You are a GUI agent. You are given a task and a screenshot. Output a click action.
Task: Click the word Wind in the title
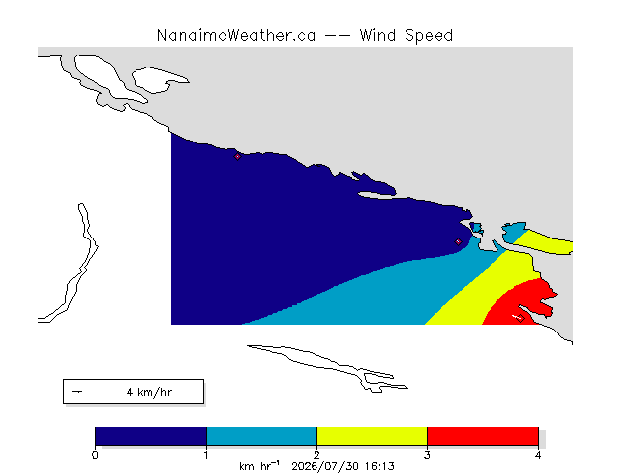(378, 35)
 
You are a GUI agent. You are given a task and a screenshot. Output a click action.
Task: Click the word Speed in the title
(428, 36)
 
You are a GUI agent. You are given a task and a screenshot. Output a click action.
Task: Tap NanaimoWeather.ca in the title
(236, 36)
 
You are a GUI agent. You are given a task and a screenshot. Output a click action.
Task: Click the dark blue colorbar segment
(150, 436)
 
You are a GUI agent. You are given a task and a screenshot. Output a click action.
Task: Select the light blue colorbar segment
(261, 436)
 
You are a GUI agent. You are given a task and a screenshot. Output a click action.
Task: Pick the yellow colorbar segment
(372, 436)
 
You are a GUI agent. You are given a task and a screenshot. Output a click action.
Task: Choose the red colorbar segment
(484, 436)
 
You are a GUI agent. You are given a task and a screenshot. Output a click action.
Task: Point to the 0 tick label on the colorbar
(95, 455)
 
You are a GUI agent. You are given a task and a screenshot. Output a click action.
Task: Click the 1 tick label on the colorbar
(206, 455)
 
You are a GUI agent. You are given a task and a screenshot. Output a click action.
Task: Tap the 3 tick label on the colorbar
(427, 455)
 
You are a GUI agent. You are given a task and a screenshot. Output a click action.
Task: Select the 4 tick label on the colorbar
(538, 455)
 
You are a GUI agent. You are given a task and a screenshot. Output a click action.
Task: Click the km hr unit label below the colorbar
(259, 466)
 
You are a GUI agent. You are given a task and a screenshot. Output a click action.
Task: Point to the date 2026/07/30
(325, 466)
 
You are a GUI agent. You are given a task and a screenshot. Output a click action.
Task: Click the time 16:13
(380, 466)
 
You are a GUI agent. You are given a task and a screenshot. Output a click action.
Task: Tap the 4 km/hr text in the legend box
(149, 392)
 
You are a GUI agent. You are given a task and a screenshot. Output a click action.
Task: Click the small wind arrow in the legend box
(77, 392)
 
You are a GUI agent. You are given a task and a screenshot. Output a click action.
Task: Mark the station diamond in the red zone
(521, 318)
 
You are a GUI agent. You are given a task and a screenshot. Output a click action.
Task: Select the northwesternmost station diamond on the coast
(237, 156)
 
